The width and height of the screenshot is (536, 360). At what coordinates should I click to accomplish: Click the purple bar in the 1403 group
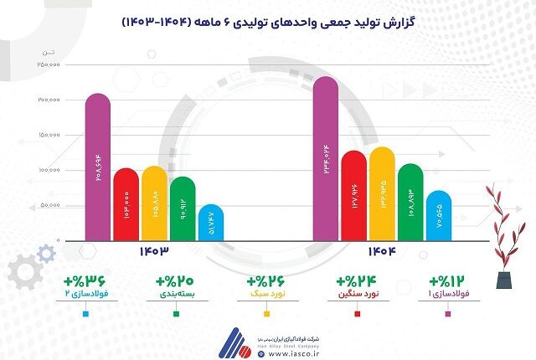tap(98, 167)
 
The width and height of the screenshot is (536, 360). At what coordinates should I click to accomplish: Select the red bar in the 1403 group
tap(126, 204)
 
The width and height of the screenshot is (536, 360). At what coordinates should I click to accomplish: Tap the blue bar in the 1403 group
tap(211, 223)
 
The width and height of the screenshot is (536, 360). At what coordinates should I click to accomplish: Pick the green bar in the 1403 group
tap(182, 208)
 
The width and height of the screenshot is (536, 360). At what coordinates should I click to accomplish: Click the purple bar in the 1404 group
tap(326, 158)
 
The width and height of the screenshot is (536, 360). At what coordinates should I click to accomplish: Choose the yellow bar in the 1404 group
tap(382, 193)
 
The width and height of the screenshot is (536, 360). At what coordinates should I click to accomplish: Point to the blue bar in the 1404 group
tap(438, 216)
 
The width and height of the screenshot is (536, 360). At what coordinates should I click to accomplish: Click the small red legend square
tap(358, 314)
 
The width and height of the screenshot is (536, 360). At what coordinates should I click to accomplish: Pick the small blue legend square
tap(86, 314)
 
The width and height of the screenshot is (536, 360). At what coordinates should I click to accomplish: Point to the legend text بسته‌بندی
tap(177, 296)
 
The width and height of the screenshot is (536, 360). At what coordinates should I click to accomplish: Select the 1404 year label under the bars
tap(381, 251)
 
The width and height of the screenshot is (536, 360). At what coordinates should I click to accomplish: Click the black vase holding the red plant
tap(502, 280)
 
